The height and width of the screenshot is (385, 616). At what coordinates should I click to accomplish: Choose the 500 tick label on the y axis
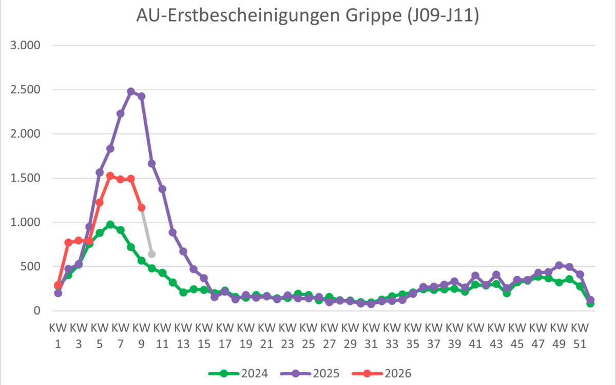click(x=30, y=266)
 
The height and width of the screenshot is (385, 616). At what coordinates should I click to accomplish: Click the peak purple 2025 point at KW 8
click(x=131, y=91)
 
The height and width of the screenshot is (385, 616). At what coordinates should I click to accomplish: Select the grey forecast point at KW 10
click(x=152, y=254)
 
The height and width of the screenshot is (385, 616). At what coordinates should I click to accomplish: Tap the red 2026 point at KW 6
click(x=110, y=176)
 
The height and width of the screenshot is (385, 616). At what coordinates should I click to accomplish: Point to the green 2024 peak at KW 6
click(x=110, y=224)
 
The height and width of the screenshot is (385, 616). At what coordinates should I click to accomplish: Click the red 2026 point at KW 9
click(x=141, y=207)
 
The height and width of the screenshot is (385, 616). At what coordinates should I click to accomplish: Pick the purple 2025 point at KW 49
click(x=559, y=265)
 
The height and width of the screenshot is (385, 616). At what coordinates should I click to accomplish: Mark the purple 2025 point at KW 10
click(x=152, y=164)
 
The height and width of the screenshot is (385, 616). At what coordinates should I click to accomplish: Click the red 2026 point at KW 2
click(x=68, y=242)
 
